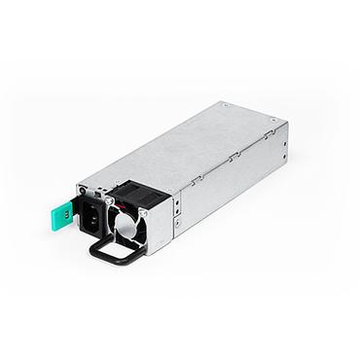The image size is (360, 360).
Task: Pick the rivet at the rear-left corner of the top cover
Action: click(224, 104)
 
